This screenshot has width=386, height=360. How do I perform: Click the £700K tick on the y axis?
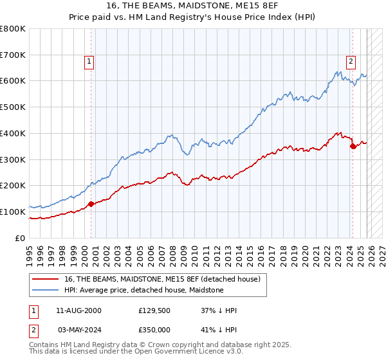pyautogui.click(x=13, y=55)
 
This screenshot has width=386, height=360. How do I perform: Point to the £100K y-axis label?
pyautogui.click(x=13, y=212)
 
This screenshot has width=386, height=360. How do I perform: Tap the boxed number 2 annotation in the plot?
pyautogui.click(x=351, y=62)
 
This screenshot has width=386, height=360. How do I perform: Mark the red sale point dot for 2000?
pyautogui.click(x=91, y=204)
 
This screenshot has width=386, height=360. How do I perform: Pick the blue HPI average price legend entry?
pyautogui.click(x=143, y=290)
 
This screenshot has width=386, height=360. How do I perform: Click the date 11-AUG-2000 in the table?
pyautogui.click(x=78, y=310)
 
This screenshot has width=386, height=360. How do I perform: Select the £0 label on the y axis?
pyautogui.click(x=19, y=238)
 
